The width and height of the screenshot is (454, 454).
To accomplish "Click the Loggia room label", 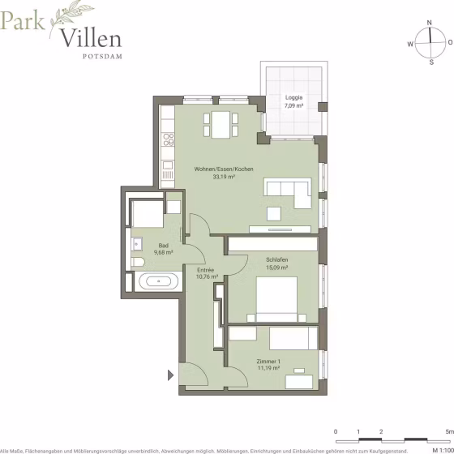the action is [x=293, y=97].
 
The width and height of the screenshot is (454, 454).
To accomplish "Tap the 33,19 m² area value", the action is [x=224, y=177].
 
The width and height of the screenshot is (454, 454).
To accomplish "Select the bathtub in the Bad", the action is [x=158, y=281].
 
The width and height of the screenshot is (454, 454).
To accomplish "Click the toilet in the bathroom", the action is [x=138, y=262].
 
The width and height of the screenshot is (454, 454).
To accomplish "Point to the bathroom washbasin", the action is [x=137, y=244].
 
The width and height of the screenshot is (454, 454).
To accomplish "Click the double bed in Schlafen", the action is [x=276, y=299].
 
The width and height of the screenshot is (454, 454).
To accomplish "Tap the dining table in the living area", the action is [x=221, y=125].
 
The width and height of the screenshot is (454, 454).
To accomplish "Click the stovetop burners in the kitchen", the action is [x=169, y=139].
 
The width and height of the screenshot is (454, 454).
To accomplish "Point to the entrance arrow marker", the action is [x=170, y=375].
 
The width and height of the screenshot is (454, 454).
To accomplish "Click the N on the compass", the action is [x=430, y=23].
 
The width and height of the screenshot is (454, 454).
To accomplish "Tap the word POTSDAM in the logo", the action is [x=102, y=57].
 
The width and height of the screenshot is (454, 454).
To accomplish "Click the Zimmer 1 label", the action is [x=268, y=362].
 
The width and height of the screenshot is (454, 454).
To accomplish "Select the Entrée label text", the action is [x=206, y=270].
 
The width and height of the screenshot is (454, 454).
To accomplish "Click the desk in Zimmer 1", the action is [x=299, y=382].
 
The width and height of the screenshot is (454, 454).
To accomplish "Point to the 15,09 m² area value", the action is [x=276, y=268].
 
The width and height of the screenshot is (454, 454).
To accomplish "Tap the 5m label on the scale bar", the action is [x=450, y=431].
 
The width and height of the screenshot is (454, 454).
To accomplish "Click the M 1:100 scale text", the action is [x=443, y=451].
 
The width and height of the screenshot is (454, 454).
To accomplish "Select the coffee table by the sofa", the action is [x=274, y=214].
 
